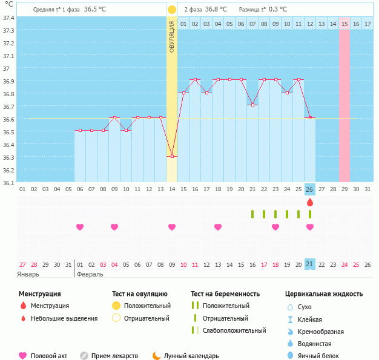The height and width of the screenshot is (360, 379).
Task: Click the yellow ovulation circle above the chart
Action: (x=172, y=10)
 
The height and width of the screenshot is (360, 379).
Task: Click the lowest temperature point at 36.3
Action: (x=172, y=156)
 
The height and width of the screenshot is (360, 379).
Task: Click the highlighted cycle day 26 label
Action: (x=310, y=189)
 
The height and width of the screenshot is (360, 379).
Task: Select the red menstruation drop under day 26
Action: (x=310, y=202)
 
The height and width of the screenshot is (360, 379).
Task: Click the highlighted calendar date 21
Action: (x=310, y=264)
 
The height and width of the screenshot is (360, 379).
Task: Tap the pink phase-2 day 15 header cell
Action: (x=344, y=24)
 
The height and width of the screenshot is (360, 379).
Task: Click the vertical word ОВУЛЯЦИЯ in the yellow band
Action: (x=172, y=36)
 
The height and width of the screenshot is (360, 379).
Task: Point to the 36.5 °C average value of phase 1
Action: (x=94, y=10)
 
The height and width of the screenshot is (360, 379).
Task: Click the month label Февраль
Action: (x=90, y=274)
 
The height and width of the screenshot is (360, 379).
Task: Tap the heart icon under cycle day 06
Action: (x=80, y=227)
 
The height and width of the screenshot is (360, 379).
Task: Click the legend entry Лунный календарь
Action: (x=193, y=356)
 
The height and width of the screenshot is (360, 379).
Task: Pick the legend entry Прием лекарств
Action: (x=114, y=356)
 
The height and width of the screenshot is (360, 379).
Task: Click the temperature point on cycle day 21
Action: (x=252, y=105)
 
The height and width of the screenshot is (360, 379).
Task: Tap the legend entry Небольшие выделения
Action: (x=64, y=318)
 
